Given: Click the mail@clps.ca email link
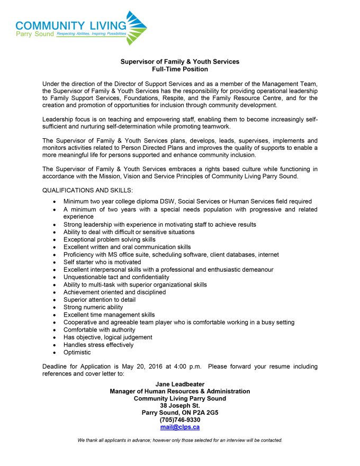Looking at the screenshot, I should pyautogui.click(x=180, y=427).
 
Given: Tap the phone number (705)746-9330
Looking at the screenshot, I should pyautogui.click(x=180, y=419).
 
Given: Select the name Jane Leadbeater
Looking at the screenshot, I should pyautogui.click(x=180, y=384).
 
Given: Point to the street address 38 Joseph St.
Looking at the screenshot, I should pyautogui.click(x=180, y=406).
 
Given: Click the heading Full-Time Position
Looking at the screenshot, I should pyautogui.click(x=180, y=69).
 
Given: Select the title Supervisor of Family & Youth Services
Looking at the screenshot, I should pyautogui.click(x=180, y=62).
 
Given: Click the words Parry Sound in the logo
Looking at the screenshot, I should pyautogui.click(x=35, y=34).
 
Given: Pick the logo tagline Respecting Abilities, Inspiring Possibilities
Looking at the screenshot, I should pyautogui.click(x=92, y=33).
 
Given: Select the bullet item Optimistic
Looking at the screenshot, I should pyautogui.click(x=77, y=352).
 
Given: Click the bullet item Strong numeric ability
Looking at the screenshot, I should pyautogui.click(x=93, y=307).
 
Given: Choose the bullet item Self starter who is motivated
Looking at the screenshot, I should pyautogui.click(x=102, y=262).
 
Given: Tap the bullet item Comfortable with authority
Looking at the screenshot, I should pyautogui.click(x=99, y=330).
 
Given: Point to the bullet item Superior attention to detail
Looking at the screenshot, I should pyautogui.click(x=100, y=300).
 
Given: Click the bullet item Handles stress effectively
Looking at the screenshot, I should pyautogui.click(x=98, y=345).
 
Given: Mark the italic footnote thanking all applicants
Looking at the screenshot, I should pyautogui.click(x=180, y=440).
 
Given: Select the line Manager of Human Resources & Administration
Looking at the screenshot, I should pyautogui.click(x=180, y=391).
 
